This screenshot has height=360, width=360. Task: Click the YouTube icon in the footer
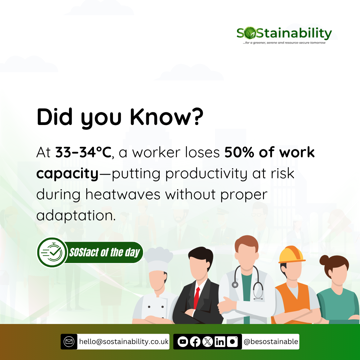(183, 342)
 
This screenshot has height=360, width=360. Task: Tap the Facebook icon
(195, 342)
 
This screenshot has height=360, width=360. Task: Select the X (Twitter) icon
(208, 342)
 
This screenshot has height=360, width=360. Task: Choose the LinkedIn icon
(220, 342)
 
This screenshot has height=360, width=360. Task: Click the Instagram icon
(232, 342)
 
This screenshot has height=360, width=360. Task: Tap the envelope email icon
(69, 342)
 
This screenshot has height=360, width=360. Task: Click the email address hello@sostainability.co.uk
(124, 342)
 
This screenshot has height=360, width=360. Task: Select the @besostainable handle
(271, 342)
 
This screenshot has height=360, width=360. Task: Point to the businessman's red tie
(197, 298)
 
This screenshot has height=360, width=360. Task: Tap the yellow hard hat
(292, 255)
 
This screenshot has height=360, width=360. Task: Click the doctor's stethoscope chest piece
(235, 285)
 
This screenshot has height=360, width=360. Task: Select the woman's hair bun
(324, 260)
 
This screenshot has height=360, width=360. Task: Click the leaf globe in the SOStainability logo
(250, 33)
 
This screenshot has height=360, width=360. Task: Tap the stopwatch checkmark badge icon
(52, 253)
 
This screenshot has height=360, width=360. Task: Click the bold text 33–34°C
(83, 152)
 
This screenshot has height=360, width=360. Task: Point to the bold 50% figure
(239, 152)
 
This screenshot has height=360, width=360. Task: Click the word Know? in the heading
(167, 117)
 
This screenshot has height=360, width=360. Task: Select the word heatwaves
(123, 194)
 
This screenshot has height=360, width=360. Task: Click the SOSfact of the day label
(104, 253)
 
